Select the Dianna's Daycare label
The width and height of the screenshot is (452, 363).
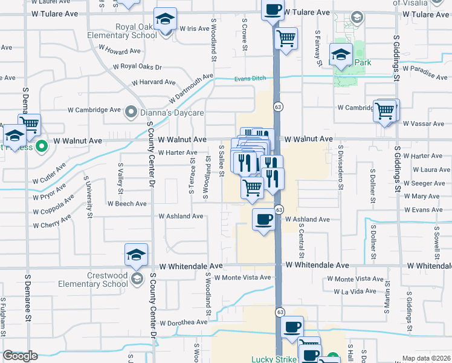(157, 111)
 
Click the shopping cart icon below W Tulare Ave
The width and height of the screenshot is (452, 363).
(286, 39)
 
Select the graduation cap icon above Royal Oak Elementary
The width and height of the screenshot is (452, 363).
(164, 19)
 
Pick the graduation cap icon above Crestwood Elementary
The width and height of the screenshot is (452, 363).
(136, 255)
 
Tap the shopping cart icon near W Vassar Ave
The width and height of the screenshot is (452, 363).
(384, 111)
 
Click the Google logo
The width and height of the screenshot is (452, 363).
(20, 356)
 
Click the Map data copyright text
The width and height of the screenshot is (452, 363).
(427, 359)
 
